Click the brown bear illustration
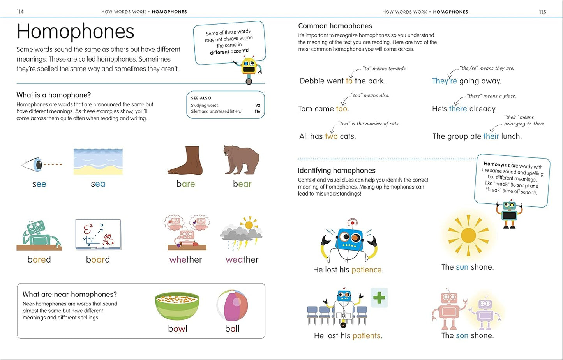click(242, 160)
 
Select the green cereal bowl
click(177, 306)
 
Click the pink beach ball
click(232, 306)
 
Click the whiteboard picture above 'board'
click(98, 234)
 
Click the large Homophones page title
click(76, 32)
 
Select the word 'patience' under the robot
click(367, 270)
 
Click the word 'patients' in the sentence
click(367, 335)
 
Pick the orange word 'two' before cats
click(331, 136)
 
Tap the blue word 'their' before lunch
click(491, 136)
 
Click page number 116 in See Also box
click(257, 111)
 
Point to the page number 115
click(542, 12)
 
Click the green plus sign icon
click(379, 298)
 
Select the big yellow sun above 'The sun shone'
click(468, 235)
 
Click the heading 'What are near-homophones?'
click(70, 295)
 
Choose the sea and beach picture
click(98, 161)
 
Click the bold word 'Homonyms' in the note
click(496, 164)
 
